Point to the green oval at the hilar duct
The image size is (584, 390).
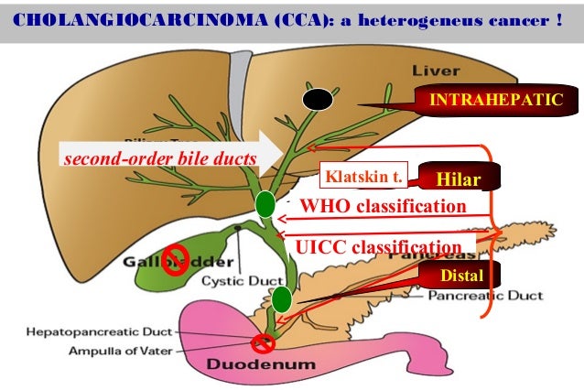point(265,204)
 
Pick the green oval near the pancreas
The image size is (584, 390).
point(282,298)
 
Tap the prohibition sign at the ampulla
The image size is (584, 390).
point(265,344)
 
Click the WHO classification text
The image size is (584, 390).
point(383,207)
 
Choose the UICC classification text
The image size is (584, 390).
point(376,247)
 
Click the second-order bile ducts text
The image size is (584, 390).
point(158,159)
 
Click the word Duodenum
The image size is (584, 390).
point(265,364)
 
